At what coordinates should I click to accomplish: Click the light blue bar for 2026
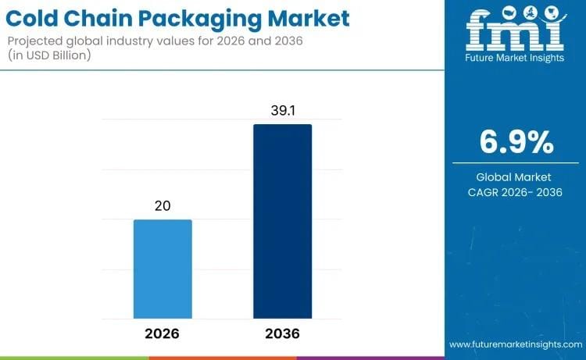(x=163, y=269)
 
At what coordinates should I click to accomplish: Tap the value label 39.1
(x=282, y=111)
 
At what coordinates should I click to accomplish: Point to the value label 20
(x=163, y=206)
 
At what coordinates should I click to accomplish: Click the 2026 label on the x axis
(x=163, y=333)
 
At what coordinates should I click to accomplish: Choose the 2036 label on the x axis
(x=282, y=333)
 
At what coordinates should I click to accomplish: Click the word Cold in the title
(x=39, y=17)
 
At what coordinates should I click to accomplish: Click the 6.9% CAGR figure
(x=516, y=142)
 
